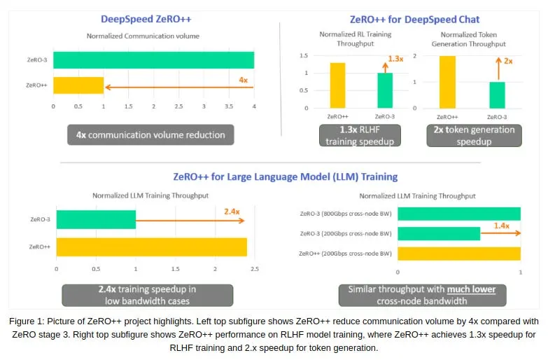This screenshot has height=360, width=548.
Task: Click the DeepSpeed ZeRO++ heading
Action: click(x=146, y=19)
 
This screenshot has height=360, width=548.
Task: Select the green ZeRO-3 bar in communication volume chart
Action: click(x=154, y=60)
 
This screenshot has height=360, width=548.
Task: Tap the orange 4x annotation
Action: click(x=244, y=80)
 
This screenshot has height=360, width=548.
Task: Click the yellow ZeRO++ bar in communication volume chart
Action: click(x=78, y=85)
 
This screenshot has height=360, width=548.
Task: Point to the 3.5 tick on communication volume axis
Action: click(x=229, y=106)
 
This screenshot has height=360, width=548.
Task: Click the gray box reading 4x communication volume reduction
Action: click(x=150, y=134)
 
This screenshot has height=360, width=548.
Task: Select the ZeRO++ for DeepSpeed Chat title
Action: click(x=414, y=19)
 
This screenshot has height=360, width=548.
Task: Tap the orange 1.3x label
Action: click(x=395, y=59)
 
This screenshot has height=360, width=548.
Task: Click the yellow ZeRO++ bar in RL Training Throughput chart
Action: click(x=337, y=85)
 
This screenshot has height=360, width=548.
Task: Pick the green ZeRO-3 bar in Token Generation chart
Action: click(x=497, y=95)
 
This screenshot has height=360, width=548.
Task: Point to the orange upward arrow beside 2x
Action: click(x=499, y=69)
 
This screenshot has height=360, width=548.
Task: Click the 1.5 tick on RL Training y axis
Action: click(x=304, y=55)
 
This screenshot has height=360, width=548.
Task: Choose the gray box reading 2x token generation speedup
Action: click(x=474, y=135)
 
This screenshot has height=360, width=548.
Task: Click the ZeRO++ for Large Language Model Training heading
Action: click(x=285, y=176)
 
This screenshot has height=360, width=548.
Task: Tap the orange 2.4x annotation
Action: click(x=232, y=212)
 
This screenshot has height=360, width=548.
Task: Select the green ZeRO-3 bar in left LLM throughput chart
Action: click(x=96, y=220)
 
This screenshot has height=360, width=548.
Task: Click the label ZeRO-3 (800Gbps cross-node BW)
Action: click(x=346, y=214)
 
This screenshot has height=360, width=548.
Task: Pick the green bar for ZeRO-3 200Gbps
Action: click(x=439, y=234)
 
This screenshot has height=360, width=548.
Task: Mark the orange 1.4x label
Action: click(x=502, y=226)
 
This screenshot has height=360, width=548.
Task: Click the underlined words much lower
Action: click(x=471, y=289)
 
